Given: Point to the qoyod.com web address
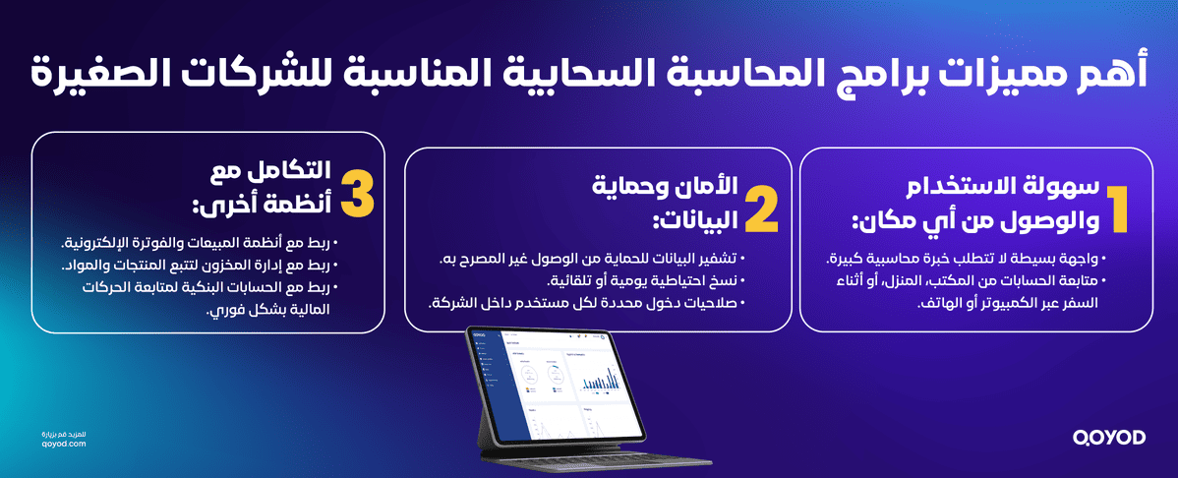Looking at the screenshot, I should (x=66, y=444).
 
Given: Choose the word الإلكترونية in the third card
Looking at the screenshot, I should (x=98, y=243).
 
